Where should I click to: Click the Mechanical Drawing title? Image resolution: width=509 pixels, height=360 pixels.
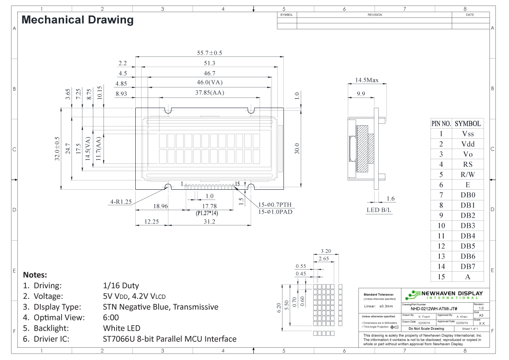pyautogui.click(x=77, y=20)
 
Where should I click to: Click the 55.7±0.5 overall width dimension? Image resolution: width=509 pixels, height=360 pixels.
pyautogui.click(x=210, y=53)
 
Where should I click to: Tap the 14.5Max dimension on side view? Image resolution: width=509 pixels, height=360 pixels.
pyautogui.click(x=367, y=80)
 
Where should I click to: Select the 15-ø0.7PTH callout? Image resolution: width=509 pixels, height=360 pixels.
pyautogui.click(x=275, y=205)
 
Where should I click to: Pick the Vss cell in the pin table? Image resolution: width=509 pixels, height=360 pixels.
pyautogui.click(x=467, y=134)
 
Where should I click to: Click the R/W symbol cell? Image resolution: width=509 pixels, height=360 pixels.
pyautogui.click(x=467, y=174)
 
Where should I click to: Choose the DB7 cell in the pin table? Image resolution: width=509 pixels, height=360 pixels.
pyautogui.click(x=467, y=267)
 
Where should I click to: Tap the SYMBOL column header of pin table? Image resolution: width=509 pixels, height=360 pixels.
pyautogui.click(x=467, y=124)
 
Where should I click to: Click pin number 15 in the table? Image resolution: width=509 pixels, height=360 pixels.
pyautogui.click(x=441, y=277)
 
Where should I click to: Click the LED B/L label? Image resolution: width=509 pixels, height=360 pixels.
pyautogui.click(x=379, y=210)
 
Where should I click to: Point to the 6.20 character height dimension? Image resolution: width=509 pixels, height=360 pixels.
pyautogui.click(x=279, y=308)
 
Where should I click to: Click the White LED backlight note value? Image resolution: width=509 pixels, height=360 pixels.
pyautogui.click(x=121, y=328)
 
